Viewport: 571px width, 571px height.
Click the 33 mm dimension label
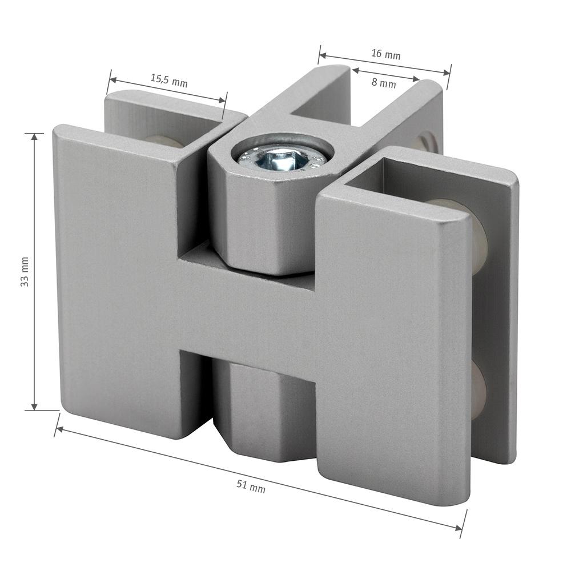(x=25, y=271)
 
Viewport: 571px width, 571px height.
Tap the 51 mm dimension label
(x=251, y=486)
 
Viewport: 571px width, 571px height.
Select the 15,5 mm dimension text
(x=169, y=81)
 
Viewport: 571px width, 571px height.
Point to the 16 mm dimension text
(x=385, y=54)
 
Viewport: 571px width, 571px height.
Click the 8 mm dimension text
(x=384, y=83)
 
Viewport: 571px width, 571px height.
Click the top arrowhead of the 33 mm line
(x=35, y=137)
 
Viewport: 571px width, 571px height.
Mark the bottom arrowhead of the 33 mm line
(x=35, y=406)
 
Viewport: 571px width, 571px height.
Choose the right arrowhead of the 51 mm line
(x=458, y=528)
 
